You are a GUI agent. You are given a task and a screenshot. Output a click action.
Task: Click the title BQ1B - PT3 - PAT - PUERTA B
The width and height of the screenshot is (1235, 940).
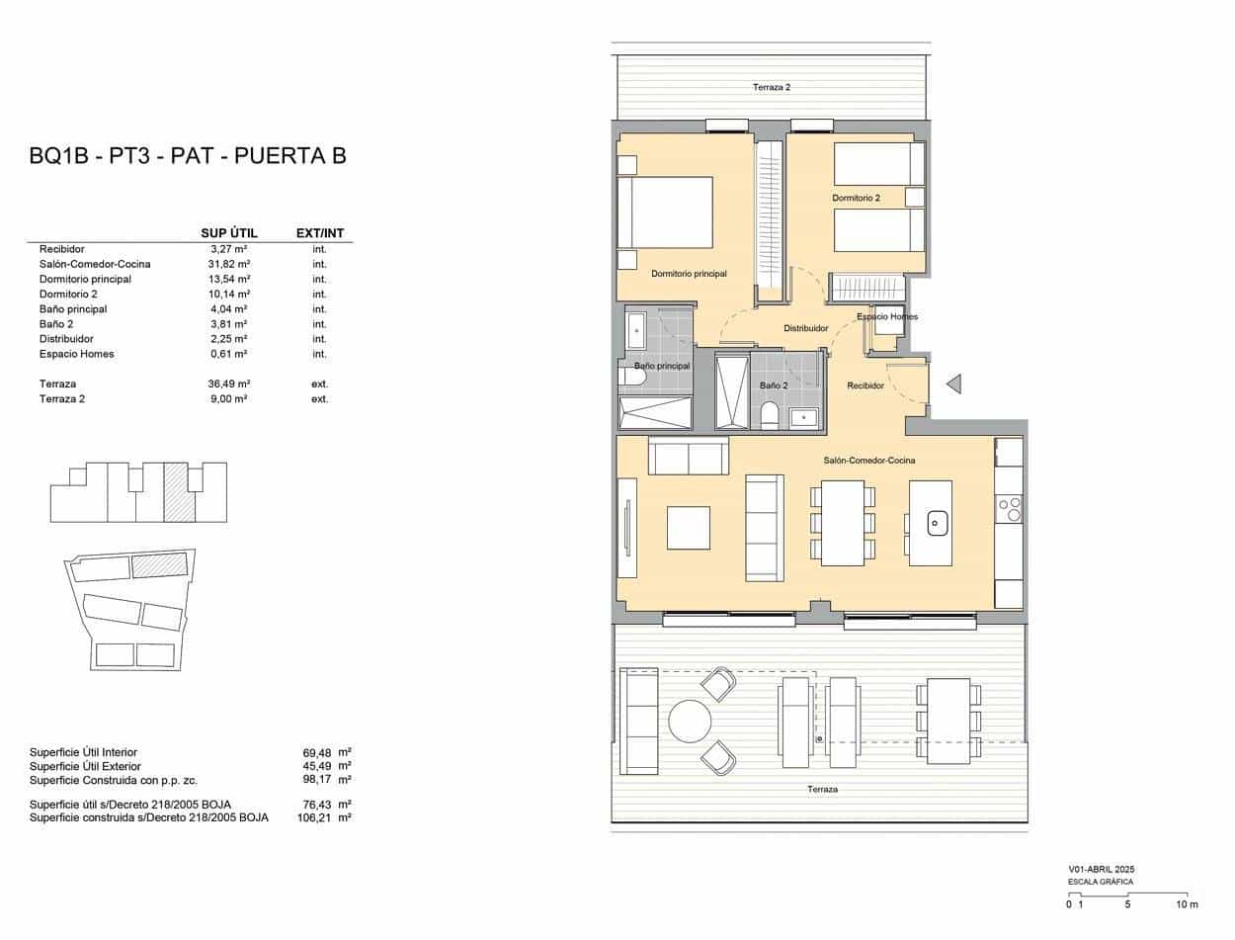pyautogui.click(x=188, y=156)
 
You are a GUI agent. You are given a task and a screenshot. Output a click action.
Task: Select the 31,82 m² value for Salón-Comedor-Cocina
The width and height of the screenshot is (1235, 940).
pyautogui.click(x=228, y=264)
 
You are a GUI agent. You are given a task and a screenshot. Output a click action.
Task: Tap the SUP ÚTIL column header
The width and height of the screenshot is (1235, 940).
pyautogui.click(x=229, y=233)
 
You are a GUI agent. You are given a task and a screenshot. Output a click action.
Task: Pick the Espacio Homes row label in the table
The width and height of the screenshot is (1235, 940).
pyautogui.click(x=76, y=354)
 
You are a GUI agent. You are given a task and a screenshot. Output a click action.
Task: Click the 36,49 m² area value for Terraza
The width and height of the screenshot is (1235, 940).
pyautogui.click(x=228, y=384)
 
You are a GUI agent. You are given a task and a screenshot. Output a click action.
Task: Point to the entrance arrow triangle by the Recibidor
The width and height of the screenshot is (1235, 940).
pyautogui.click(x=953, y=384)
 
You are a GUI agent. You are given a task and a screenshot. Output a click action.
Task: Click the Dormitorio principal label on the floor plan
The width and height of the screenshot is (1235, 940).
pyautogui.click(x=689, y=274)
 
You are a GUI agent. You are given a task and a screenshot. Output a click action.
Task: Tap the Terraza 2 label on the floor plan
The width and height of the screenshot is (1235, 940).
pyautogui.click(x=772, y=87)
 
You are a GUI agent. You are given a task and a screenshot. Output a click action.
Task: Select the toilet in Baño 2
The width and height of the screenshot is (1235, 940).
pyautogui.click(x=769, y=415)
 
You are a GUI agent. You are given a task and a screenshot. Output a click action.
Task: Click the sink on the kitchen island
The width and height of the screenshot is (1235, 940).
pyautogui.click(x=935, y=523)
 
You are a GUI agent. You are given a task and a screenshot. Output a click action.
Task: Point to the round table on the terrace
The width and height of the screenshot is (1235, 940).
pyautogui.click(x=690, y=721)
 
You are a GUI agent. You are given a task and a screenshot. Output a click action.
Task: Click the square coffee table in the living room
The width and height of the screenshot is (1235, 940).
pyautogui.click(x=688, y=528)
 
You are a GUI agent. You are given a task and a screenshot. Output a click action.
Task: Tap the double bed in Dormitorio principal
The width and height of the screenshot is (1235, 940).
pyautogui.click(x=665, y=213)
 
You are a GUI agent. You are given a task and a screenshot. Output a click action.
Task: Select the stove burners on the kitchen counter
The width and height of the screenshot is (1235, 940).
pyautogui.click(x=1010, y=509)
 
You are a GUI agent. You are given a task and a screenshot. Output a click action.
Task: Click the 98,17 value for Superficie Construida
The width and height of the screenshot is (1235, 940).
pyautogui.click(x=317, y=780)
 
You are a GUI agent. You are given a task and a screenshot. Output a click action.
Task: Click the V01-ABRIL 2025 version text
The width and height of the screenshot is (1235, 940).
pyautogui.click(x=1101, y=870)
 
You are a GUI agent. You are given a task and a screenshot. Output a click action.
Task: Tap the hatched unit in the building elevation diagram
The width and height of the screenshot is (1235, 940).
pyautogui.click(x=179, y=492)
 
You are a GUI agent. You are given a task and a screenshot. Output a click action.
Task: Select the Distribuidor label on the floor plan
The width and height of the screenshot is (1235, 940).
pyautogui.click(x=805, y=328)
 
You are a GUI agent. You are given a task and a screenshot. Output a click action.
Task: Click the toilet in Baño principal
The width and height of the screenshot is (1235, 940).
pyautogui.click(x=632, y=376)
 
